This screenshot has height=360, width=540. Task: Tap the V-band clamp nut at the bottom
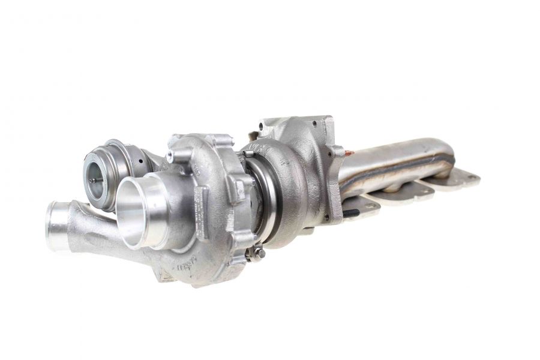pos(256,254)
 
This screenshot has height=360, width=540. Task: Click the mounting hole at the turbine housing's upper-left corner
pos(262,127)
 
